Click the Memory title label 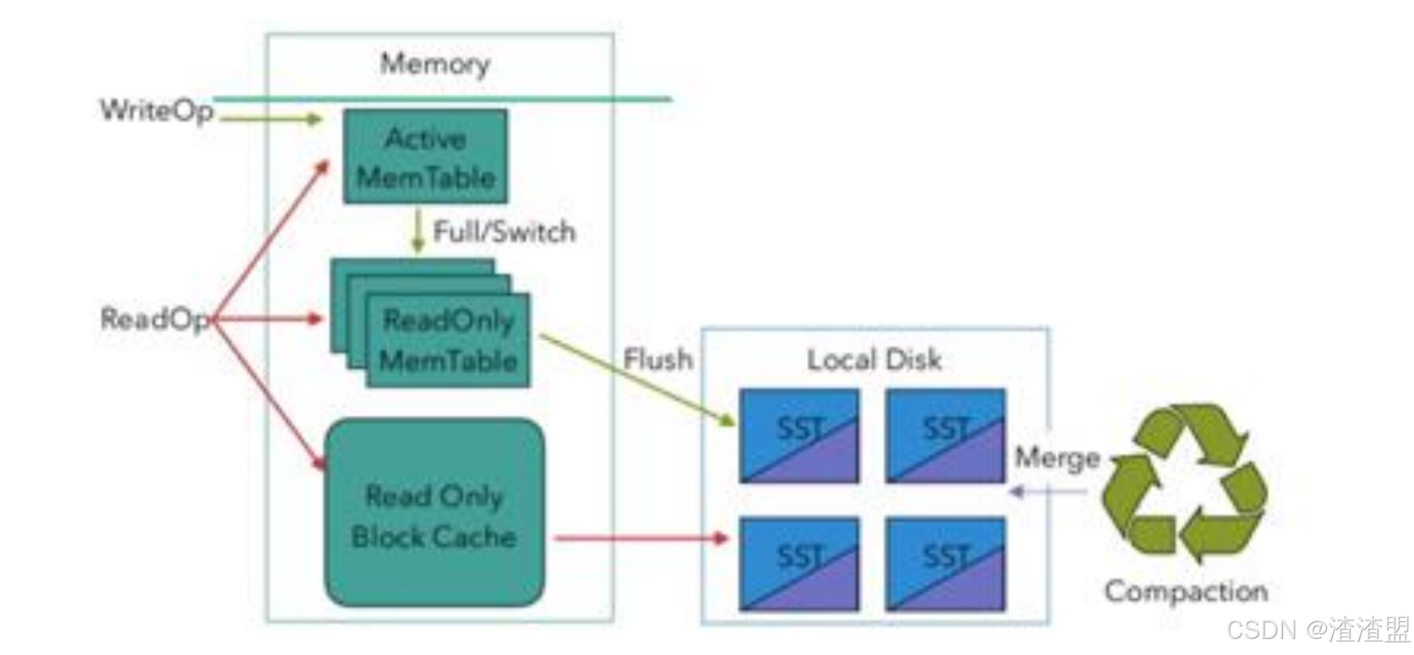click(434, 63)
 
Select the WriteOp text click(156, 110)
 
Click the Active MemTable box click(425, 157)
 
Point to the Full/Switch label click(504, 232)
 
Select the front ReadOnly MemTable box click(448, 341)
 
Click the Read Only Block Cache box click(434, 514)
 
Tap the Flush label click(658, 359)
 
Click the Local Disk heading click(874, 360)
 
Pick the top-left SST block click(799, 436)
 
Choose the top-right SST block click(945, 436)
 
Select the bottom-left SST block click(799, 565)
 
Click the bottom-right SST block click(945, 565)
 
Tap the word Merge click(1056, 457)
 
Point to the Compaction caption click(1185, 591)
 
